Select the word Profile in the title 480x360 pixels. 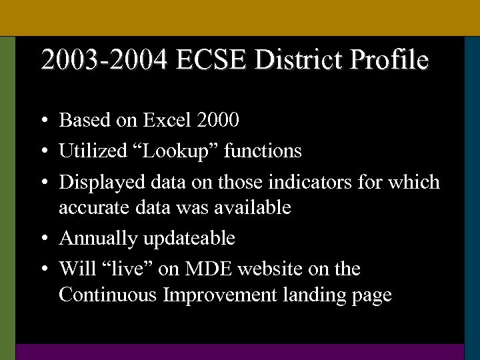[x=389, y=60]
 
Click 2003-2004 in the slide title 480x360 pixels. [x=105, y=60]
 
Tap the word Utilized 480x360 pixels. [x=87, y=151]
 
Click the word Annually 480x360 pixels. [x=93, y=238]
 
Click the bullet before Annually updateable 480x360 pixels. [x=43, y=239]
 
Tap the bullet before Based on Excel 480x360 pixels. [x=43, y=121]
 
